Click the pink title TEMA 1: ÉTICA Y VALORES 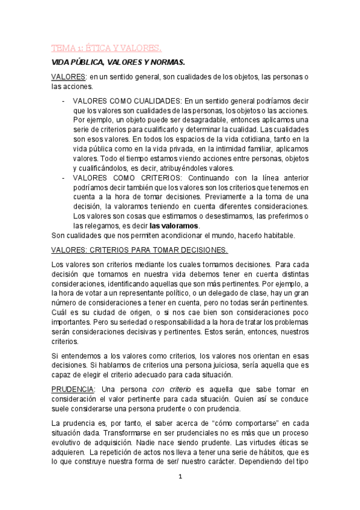coord(105,48)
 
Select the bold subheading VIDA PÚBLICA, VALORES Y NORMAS coord(118,62)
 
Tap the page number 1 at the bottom coord(180,476)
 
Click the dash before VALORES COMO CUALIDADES coord(64,100)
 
